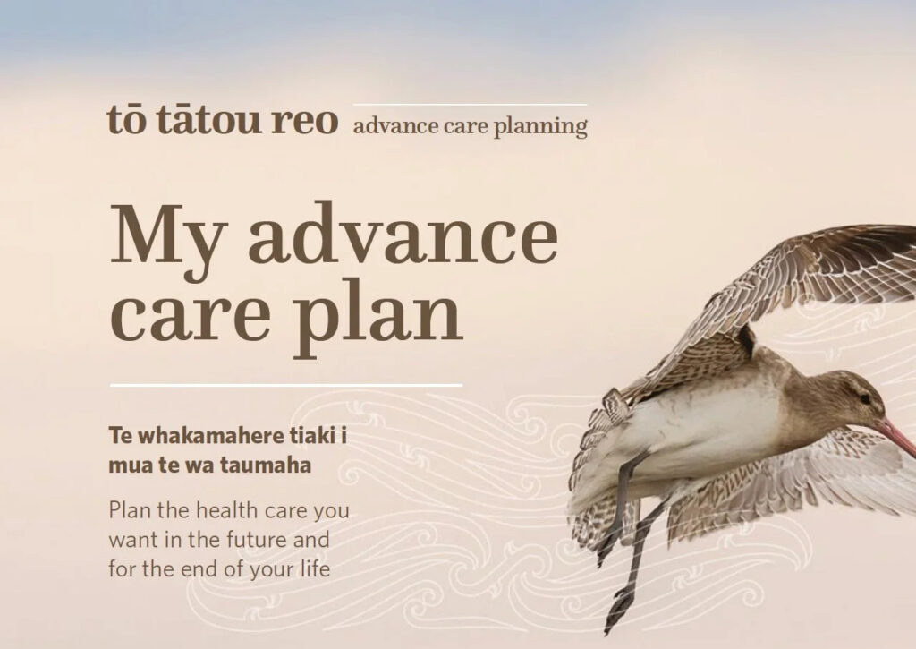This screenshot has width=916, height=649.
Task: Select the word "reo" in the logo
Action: click(305, 121)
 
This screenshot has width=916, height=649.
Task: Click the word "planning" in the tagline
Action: click(540, 127)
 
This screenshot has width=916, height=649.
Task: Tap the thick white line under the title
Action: click(286, 386)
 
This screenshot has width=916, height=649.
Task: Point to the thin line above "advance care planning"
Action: click(471, 105)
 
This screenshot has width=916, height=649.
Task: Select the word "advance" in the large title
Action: click(403, 233)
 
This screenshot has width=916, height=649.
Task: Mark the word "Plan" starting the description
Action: click(131, 510)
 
